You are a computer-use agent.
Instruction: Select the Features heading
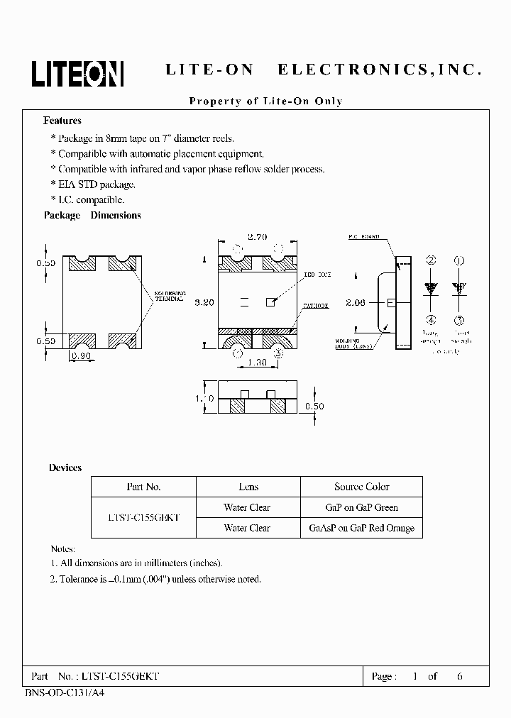(x=62, y=121)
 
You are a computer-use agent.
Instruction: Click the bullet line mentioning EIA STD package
(x=96, y=184)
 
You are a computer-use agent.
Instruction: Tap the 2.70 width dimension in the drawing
(x=257, y=238)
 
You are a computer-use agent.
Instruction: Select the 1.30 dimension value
(x=257, y=363)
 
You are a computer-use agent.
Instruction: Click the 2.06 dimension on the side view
(x=356, y=302)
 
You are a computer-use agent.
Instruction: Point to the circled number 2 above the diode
(x=431, y=261)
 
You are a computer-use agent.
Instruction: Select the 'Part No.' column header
(x=143, y=487)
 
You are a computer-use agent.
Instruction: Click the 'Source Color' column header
(x=361, y=487)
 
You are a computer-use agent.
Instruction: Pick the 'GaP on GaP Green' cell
(x=361, y=507)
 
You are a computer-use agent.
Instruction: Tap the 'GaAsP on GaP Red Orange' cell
(x=361, y=528)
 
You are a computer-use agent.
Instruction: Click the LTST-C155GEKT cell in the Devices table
(x=143, y=518)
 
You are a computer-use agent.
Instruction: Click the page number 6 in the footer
(x=460, y=676)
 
